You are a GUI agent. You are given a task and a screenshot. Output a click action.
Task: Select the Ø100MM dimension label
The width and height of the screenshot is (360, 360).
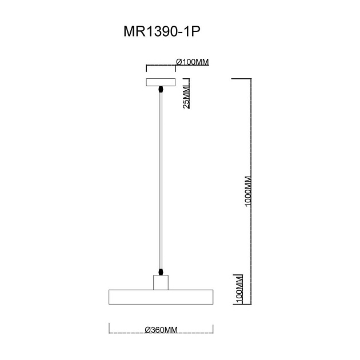tap(191, 62)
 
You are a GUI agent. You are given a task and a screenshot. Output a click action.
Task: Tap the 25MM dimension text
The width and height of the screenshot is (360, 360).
tap(186, 97)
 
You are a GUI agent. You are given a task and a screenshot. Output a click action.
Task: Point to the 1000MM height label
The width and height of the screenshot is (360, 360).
tap(248, 192)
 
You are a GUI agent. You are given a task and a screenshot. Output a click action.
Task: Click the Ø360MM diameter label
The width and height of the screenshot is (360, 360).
tap(161, 330)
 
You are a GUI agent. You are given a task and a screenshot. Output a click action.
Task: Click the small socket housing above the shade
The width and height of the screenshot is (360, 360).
tap(162, 282)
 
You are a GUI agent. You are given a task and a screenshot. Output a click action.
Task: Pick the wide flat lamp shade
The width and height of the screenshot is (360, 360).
tap(161, 297)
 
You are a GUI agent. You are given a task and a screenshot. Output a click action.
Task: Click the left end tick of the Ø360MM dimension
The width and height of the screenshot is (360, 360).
tap(109, 328)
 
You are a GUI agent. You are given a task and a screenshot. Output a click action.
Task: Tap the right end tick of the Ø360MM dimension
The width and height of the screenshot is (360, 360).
tap(213, 328)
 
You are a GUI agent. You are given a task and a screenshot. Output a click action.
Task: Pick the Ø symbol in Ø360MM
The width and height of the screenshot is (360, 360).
tap(147, 330)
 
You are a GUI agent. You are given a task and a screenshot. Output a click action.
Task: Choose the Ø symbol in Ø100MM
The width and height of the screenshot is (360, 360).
tap(179, 62)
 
